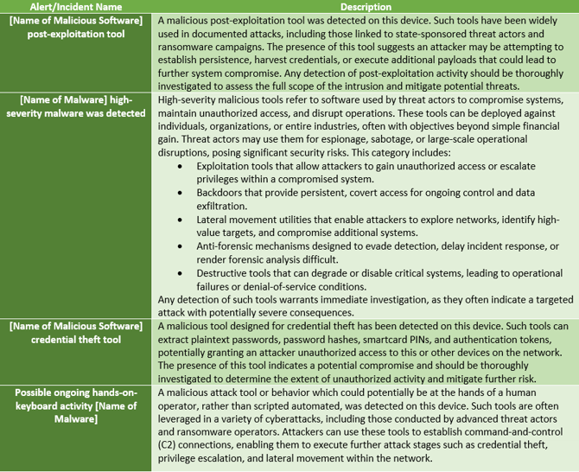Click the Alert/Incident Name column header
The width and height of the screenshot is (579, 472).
point(76,7)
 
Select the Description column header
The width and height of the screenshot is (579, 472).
point(366,7)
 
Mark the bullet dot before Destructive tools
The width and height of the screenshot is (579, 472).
point(179,273)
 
